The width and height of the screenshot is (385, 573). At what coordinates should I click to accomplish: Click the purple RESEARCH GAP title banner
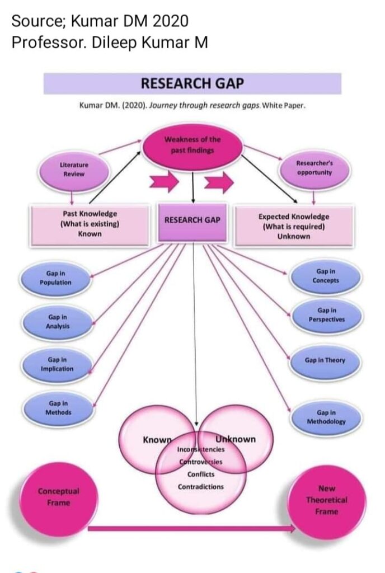pyautogui.click(x=192, y=84)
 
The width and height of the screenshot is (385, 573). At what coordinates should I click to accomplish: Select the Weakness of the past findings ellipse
pyautogui.click(x=192, y=145)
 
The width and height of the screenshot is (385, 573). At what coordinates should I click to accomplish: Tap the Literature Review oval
pyautogui.click(x=73, y=169)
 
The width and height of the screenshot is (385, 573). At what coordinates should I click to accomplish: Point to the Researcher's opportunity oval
pyautogui.click(x=314, y=168)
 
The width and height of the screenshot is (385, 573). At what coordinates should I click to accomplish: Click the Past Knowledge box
pyautogui.click(x=90, y=224)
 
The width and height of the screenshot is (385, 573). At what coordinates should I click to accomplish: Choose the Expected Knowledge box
pyautogui.click(x=294, y=226)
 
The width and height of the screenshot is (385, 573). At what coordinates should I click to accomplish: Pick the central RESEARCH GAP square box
pyautogui.click(x=192, y=220)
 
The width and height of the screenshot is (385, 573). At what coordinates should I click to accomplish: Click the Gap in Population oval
pyautogui.click(x=55, y=278)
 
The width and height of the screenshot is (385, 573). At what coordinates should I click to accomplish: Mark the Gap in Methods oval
pyautogui.click(x=58, y=407)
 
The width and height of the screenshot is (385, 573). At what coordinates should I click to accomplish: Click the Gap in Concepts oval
pyautogui.click(x=326, y=276)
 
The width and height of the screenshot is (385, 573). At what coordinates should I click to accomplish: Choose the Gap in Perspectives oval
pyautogui.click(x=326, y=314)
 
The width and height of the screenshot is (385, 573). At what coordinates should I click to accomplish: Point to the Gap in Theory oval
pyautogui.click(x=325, y=360)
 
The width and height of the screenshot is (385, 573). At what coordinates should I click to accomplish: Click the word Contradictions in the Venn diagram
pyautogui.click(x=200, y=487)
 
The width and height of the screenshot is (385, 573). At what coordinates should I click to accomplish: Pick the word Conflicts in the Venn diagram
pyautogui.click(x=200, y=474)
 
